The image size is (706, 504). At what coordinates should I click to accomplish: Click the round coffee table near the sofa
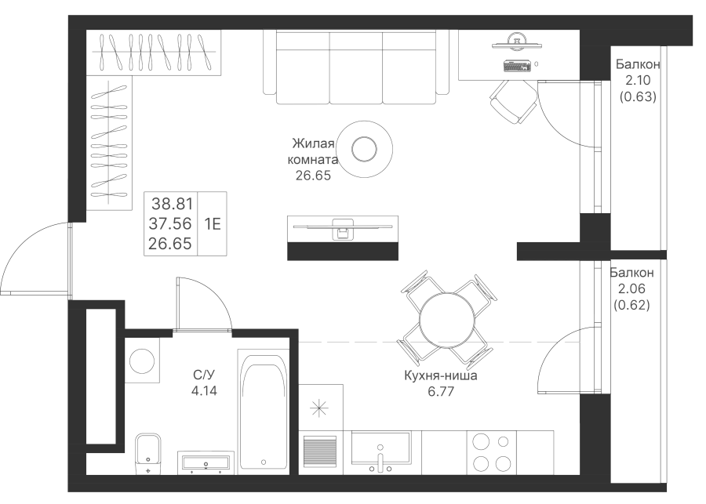coord(365,147)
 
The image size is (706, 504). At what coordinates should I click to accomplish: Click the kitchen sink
coord(380,451)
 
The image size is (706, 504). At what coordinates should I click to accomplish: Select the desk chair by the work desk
coord(514,100)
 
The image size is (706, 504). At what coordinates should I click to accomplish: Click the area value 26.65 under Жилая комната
coord(313,177)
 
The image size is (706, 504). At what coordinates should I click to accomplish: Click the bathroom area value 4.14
coord(204,387)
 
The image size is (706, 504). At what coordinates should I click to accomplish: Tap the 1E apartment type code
coord(213,223)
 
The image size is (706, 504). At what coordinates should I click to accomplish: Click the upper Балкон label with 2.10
coord(636,65)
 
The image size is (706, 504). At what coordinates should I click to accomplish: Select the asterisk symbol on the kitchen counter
coord(319,407)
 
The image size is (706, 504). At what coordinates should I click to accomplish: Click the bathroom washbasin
coord(206,462)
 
